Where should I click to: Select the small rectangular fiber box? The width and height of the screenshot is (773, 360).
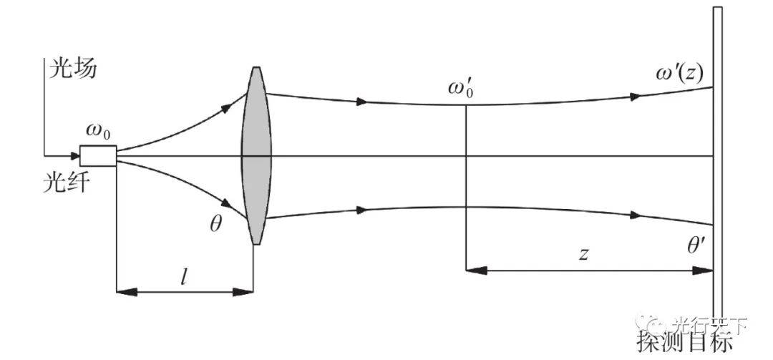(x=97, y=155)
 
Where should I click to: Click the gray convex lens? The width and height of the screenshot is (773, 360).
(x=256, y=155)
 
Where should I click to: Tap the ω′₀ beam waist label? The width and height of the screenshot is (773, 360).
(x=462, y=89)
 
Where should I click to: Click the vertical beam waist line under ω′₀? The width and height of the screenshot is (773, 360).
(x=467, y=186)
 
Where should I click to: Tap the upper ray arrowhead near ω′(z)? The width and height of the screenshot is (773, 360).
(x=634, y=96)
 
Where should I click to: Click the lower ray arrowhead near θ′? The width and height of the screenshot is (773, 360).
(x=634, y=215)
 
